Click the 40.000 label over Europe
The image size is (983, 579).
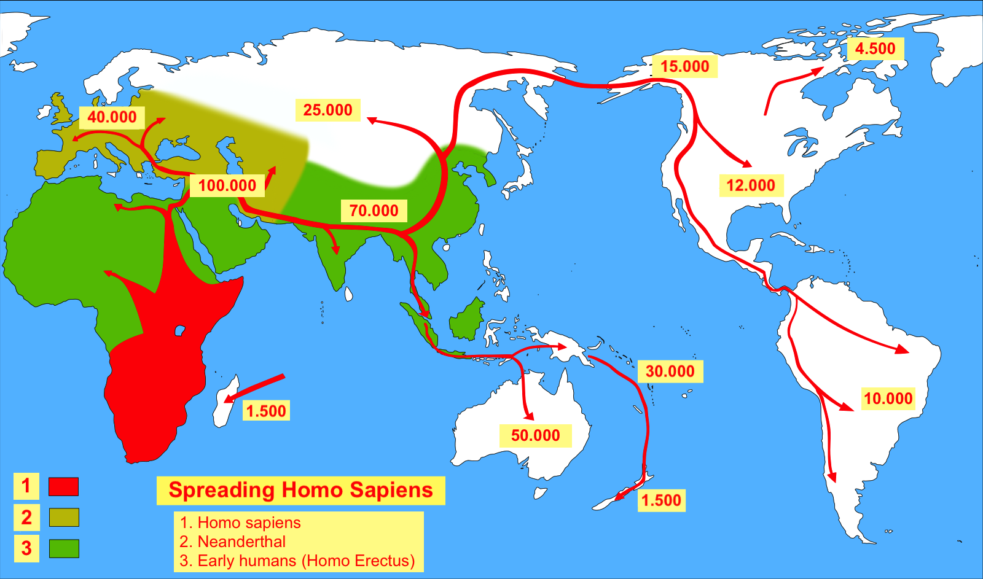click(x=112, y=117)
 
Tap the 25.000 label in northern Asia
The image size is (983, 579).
click(x=327, y=110)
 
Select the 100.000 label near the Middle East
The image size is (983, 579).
click(x=227, y=185)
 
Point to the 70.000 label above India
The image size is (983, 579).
click(x=374, y=211)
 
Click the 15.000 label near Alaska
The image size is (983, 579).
click(x=684, y=66)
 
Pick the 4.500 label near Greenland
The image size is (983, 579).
click(x=875, y=49)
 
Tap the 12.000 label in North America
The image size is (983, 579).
click(x=750, y=185)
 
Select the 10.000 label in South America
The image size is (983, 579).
click(x=888, y=398)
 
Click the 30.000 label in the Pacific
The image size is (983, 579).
click(x=670, y=371)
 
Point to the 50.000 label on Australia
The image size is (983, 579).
click(x=535, y=435)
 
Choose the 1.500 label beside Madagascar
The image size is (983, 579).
click(x=266, y=411)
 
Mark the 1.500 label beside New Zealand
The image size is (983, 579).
click(x=661, y=500)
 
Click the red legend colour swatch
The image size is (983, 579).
click(x=63, y=486)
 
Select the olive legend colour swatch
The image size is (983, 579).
click(x=63, y=517)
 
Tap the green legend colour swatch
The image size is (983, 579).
click(x=63, y=548)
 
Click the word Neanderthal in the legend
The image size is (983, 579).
click(x=241, y=542)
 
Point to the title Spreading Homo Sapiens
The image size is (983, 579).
click(x=300, y=490)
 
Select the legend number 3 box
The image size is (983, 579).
click(x=26, y=548)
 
